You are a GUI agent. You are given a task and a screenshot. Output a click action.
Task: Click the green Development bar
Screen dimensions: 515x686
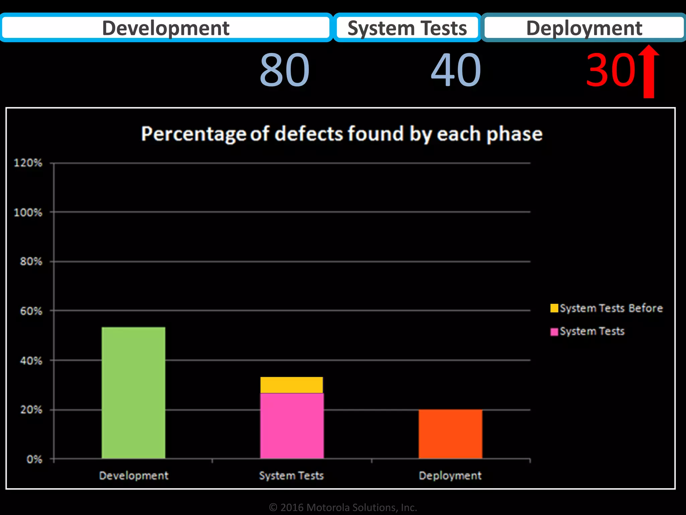point(133,393)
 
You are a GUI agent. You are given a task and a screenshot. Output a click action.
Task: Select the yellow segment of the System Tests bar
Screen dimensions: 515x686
point(291,385)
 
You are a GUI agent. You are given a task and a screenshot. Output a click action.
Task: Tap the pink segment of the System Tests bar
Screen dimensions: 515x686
point(292,426)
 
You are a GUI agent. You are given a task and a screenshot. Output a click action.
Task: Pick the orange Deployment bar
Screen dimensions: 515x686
point(450,434)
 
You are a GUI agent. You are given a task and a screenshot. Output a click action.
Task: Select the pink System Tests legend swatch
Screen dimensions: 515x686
point(554,332)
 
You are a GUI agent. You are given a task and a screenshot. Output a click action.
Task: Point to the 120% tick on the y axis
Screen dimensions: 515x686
point(28,163)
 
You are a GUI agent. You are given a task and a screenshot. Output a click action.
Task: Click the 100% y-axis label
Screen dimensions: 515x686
point(28,212)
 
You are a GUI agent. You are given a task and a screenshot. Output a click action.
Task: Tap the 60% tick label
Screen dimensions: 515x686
point(31,311)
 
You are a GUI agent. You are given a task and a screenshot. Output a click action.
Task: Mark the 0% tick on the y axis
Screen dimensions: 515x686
point(34,459)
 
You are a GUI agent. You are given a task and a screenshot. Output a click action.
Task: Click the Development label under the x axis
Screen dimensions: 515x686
point(134,475)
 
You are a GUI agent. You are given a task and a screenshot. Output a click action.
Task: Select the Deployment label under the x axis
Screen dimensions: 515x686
point(450,475)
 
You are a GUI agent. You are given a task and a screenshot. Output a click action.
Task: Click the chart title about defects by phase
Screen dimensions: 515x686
point(342,134)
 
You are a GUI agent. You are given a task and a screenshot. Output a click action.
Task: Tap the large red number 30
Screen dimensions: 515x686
point(610,70)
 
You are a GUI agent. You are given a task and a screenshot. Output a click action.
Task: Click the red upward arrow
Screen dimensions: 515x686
point(649,72)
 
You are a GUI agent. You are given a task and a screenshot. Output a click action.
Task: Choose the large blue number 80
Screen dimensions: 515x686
point(284,70)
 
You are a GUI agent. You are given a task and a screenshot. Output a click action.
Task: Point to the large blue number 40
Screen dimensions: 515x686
point(456,70)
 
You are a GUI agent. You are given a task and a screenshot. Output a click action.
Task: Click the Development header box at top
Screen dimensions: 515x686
point(166,28)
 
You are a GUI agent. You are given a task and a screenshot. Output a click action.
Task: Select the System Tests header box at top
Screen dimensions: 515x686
point(407,28)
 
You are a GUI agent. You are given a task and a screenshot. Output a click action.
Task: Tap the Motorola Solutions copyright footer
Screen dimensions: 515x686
point(343,507)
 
